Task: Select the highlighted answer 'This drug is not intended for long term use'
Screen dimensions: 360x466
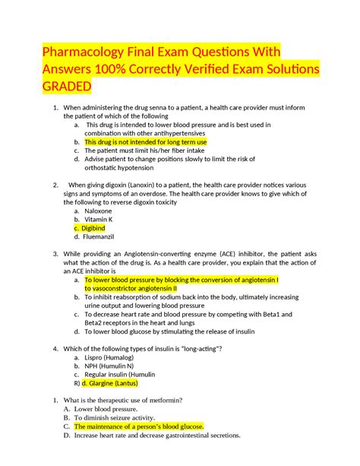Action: (145, 141)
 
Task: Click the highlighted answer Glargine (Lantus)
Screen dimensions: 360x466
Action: (109, 384)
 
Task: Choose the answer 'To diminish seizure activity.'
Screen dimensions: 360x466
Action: (115, 417)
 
